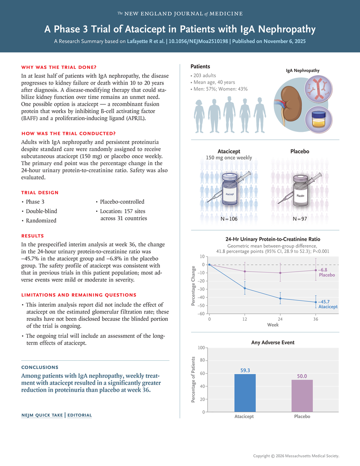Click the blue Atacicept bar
pos(245,393)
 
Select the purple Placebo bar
pos(302,395)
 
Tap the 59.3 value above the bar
pos(245,370)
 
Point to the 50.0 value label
pos(302,376)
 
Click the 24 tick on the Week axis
pos(280,319)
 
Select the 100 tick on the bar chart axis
pos(201,348)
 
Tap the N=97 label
pos(299,219)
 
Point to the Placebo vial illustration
pos(300,195)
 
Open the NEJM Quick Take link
pos(42,415)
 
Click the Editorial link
pos(80,415)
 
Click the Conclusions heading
pos(40,367)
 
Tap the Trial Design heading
pos(40,193)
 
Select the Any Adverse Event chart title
pos(273,342)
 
